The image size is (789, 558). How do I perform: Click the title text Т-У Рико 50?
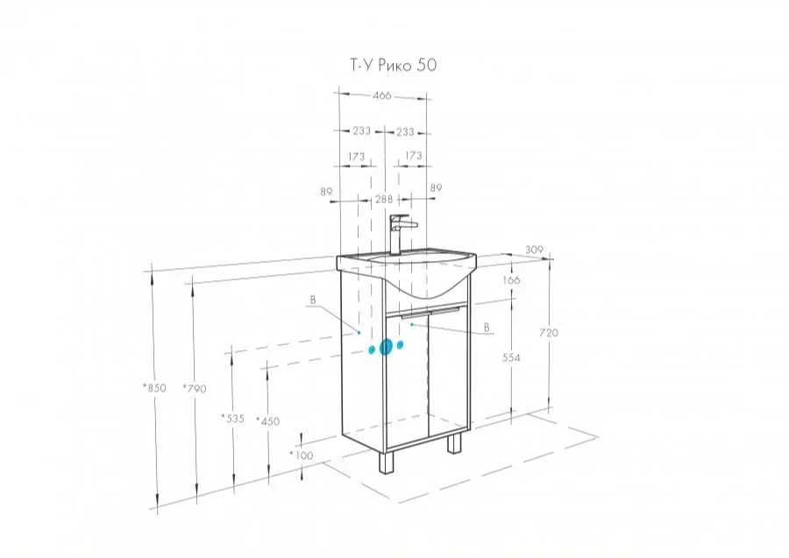(x=394, y=65)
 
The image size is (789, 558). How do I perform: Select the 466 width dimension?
(x=382, y=95)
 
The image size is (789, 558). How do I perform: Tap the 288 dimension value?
(x=384, y=199)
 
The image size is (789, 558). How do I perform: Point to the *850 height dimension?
(x=154, y=387)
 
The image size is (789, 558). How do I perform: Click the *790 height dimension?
(x=195, y=388)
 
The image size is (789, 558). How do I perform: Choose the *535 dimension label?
(x=232, y=418)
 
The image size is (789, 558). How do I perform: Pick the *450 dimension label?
(x=267, y=420)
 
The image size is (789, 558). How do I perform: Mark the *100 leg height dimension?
(x=302, y=456)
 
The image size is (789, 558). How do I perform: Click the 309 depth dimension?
(x=534, y=250)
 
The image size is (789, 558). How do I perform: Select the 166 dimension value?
(x=511, y=280)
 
